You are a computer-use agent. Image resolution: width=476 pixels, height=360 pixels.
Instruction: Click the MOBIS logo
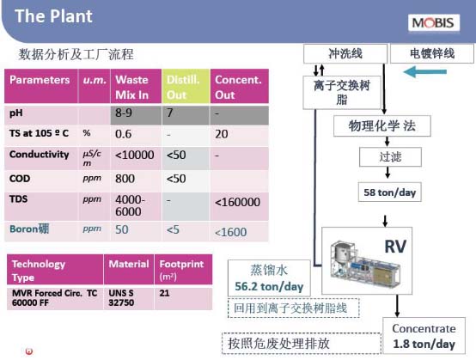pyautogui.click(x=434, y=22)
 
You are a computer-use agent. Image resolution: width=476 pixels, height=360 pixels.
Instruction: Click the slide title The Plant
pyautogui.click(x=53, y=16)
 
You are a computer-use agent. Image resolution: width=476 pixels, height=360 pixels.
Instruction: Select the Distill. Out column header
pyautogui.click(x=186, y=87)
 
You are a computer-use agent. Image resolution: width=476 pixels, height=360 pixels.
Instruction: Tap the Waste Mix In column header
pyautogui.click(x=136, y=87)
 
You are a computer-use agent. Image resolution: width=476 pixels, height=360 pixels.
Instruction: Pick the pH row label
pyautogui.click(x=16, y=113)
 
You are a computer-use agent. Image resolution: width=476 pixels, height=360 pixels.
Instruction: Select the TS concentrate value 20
pyautogui.click(x=222, y=134)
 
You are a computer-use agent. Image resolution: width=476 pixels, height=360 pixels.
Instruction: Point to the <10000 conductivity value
pyautogui.click(x=135, y=156)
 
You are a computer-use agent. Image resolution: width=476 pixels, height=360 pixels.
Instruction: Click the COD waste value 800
pyautogui.click(x=125, y=179)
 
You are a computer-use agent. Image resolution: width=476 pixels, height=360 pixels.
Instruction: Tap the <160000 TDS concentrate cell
pyautogui.click(x=237, y=202)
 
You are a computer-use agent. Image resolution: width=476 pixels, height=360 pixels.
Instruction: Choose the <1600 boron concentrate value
pyautogui.click(x=231, y=232)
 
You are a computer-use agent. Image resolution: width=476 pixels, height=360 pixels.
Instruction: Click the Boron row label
pyautogui.click(x=29, y=229)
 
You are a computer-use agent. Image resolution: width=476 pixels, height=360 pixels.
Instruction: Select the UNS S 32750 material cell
pyautogui.click(x=121, y=298)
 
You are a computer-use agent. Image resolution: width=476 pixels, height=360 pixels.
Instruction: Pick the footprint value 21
pyautogui.click(x=164, y=293)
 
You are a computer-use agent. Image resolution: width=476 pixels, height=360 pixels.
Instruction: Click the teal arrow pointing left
pyautogui.click(x=425, y=72)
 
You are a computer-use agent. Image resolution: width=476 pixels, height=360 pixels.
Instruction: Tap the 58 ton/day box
pyautogui.click(x=390, y=192)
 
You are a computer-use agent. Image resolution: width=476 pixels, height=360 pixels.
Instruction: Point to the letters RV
pyautogui.click(x=395, y=247)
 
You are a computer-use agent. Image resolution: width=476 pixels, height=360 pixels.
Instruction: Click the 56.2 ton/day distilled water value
pyautogui.click(x=269, y=286)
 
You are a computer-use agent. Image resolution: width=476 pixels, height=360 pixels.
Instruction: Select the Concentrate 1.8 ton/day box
pyautogui.click(x=424, y=336)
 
